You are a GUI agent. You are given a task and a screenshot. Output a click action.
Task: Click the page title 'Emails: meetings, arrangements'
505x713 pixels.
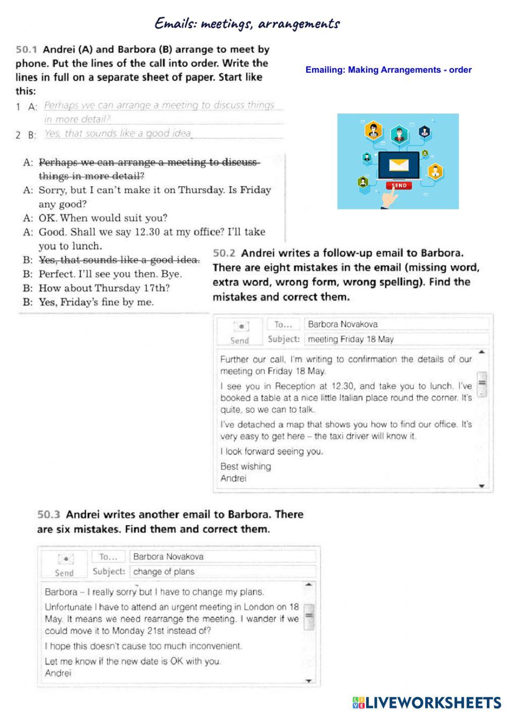[247, 24]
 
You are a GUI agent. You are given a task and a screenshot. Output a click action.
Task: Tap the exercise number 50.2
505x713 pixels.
[224, 253]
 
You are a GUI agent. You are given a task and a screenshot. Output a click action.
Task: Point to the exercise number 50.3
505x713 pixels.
[48, 515]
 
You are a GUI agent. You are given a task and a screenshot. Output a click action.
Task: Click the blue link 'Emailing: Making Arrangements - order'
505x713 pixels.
[388, 70]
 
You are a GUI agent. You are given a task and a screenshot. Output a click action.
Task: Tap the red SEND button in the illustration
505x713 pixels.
[399, 185]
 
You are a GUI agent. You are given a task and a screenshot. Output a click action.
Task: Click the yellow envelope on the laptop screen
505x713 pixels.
[398, 165]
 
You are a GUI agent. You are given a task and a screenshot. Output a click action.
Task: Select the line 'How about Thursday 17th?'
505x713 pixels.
[104, 288]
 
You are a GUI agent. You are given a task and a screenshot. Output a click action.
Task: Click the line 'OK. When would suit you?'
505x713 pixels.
[103, 218]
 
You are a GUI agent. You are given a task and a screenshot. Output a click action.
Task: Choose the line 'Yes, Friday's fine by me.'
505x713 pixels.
[96, 302]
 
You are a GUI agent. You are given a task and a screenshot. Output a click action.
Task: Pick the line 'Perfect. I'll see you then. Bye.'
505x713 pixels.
[110, 274]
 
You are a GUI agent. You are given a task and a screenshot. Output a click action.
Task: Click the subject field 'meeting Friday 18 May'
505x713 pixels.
[350, 339]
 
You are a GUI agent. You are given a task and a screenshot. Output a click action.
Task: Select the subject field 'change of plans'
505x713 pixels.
[164, 572]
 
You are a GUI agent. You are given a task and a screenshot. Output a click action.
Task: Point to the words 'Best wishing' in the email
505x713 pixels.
[245, 466]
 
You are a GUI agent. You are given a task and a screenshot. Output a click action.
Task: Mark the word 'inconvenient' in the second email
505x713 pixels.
[214, 646]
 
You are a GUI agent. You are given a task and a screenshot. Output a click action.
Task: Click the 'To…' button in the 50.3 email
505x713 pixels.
[108, 557]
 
